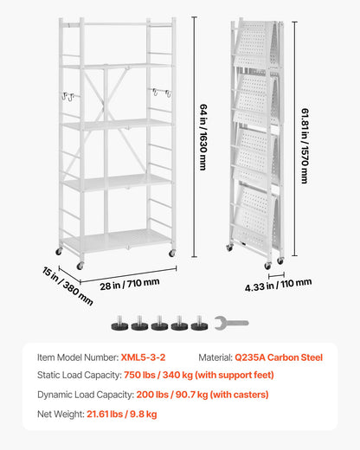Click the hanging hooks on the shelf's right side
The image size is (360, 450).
point(158,92)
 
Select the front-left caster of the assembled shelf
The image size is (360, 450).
point(80,265)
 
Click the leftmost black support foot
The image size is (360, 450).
point(119,325)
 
